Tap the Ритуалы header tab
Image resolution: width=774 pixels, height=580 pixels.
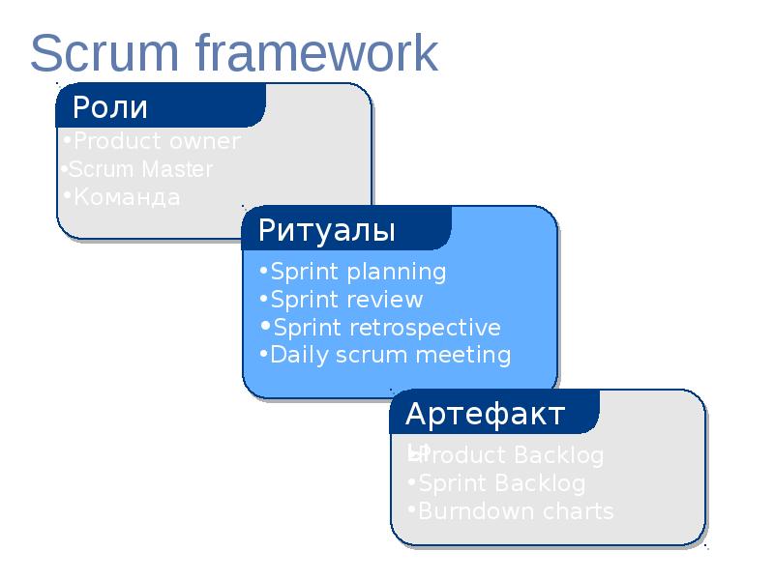tap(327, 231)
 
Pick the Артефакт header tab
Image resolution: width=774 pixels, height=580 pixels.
tap(485, 415)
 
